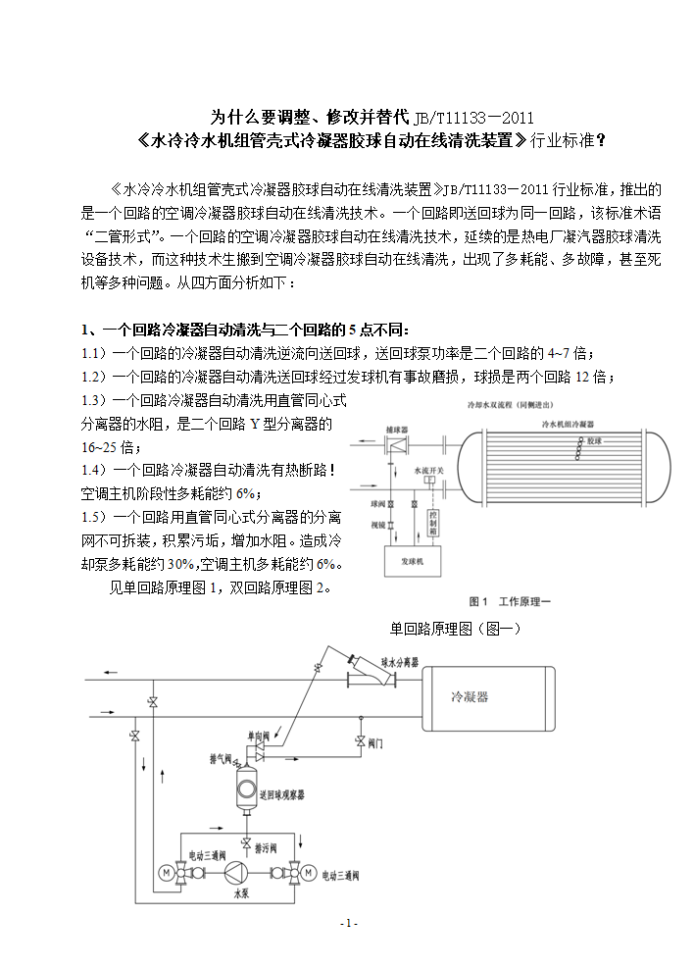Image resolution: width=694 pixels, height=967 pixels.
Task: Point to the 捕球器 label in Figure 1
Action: point(394,430)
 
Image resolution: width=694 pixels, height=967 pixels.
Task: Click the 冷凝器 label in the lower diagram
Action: point(469,697)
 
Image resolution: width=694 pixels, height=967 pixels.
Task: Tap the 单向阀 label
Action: point(258,734)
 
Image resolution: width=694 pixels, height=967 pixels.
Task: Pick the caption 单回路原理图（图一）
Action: point(455,628)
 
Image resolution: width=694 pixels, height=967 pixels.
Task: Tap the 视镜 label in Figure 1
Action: point(376,524)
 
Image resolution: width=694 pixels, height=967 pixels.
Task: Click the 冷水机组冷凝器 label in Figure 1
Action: point(569,423)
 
